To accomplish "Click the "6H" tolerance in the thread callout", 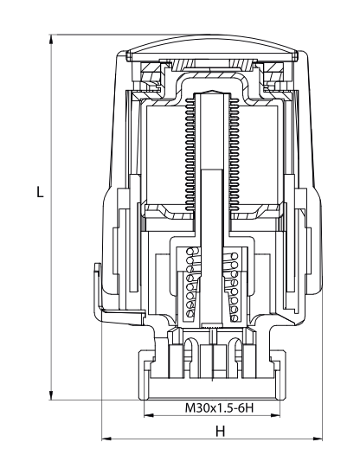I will coord(246,407).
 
